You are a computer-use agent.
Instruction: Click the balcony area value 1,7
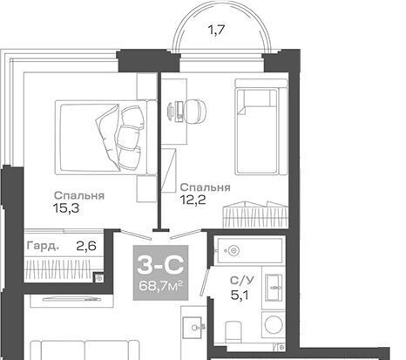[217, 30]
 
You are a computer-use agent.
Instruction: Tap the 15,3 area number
[66, 208]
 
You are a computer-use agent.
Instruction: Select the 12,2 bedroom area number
[193, 200]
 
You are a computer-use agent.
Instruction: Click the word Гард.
[43, 246]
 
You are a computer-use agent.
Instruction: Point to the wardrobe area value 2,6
[86, 246]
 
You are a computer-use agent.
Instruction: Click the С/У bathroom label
[241, 281]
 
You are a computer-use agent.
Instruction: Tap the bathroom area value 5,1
[240, 295]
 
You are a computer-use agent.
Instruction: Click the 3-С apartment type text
[160, 265]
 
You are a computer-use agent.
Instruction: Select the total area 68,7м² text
[160, 286]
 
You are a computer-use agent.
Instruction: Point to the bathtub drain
[233, 250]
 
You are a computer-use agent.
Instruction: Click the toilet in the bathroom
[233, 332]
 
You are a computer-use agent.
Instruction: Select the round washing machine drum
[274, 325]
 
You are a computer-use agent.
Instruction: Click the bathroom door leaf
[206, 282]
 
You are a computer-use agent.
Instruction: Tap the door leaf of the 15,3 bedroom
[136, 234]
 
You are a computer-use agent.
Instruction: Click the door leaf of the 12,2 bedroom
[186, 234]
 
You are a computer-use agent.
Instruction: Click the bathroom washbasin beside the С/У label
[274, 288]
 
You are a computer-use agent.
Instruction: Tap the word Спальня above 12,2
[206, 187]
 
